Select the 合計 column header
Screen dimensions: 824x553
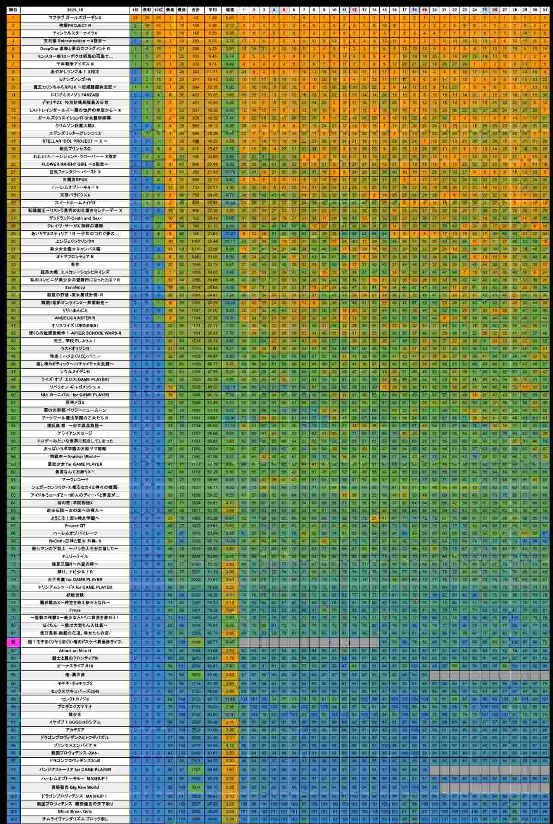[195, 9]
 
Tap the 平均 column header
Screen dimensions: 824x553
[212, 9]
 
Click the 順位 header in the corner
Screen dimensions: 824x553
[13, 9]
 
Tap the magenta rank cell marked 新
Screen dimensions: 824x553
[13, 641]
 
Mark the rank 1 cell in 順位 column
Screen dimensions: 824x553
[13, 17]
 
